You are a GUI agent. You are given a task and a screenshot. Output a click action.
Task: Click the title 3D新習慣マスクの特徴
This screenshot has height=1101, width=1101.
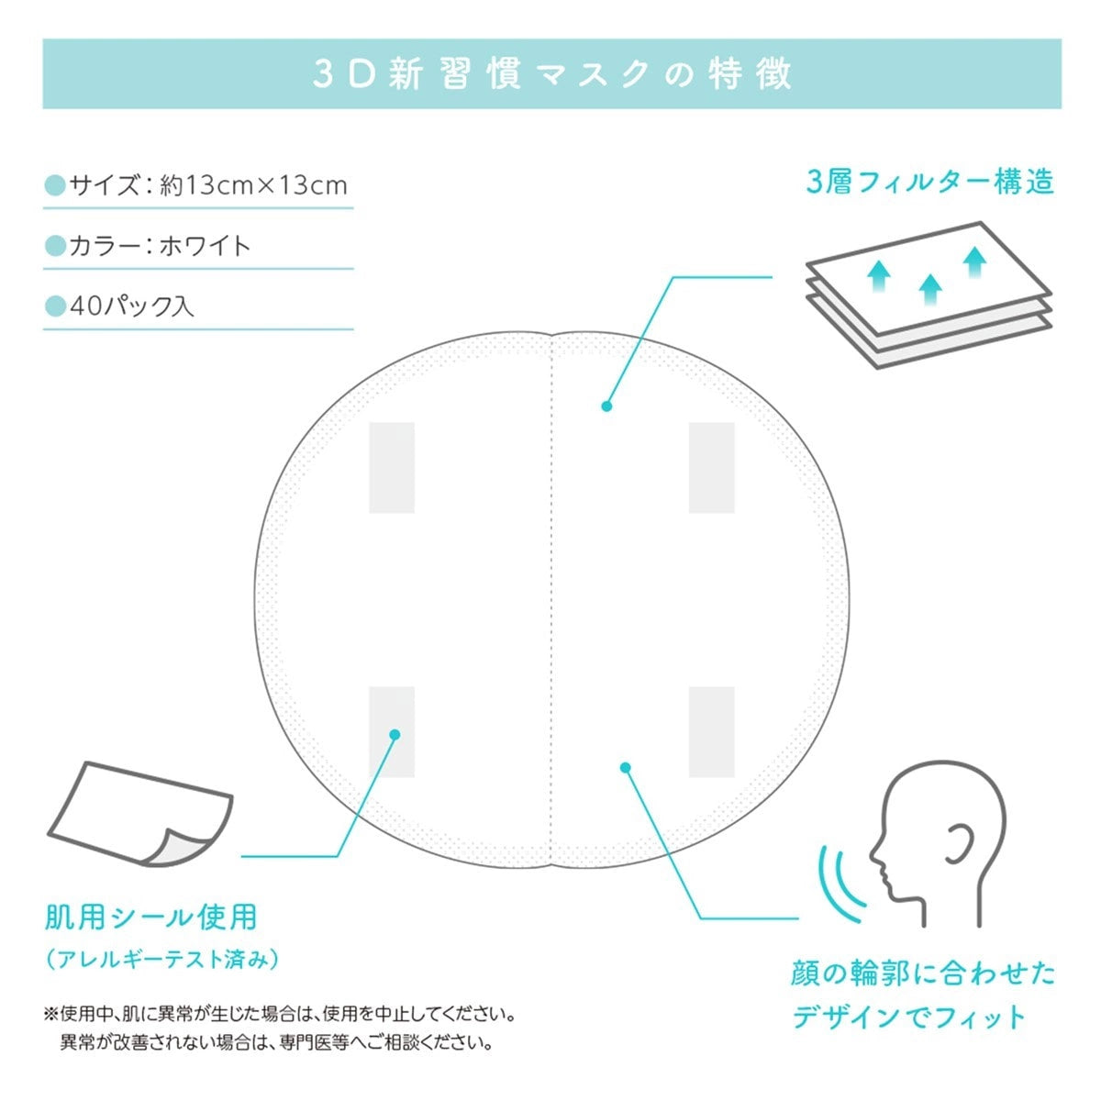coord(552,74)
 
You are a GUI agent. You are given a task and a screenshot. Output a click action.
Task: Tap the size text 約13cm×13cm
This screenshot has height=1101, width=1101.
coord(253,185)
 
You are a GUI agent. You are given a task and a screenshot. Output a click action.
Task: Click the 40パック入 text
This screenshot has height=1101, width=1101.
coord(132,306)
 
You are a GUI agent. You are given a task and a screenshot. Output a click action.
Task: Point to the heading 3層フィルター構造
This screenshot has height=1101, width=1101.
coord(929,182)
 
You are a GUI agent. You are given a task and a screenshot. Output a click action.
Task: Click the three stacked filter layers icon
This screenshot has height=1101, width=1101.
coord(929,295)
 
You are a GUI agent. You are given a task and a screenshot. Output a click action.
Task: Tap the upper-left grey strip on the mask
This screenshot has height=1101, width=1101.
coord(392,468)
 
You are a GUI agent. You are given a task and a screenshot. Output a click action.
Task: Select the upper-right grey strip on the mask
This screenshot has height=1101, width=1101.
coord(711,468)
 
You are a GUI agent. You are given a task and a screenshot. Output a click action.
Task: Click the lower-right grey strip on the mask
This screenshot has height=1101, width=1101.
coord(711,732)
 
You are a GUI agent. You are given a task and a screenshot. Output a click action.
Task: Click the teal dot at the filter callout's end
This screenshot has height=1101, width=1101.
coord(606,406)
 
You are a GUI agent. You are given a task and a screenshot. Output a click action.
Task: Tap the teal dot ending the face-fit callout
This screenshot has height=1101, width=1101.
coord(626,767)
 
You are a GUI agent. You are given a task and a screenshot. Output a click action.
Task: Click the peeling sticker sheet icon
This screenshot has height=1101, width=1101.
coord(140,816)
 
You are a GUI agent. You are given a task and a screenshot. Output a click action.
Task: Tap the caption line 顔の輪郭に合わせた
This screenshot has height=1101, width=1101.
coord(923,973)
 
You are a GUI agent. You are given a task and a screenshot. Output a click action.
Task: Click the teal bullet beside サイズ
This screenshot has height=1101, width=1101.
coord(55,185)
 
